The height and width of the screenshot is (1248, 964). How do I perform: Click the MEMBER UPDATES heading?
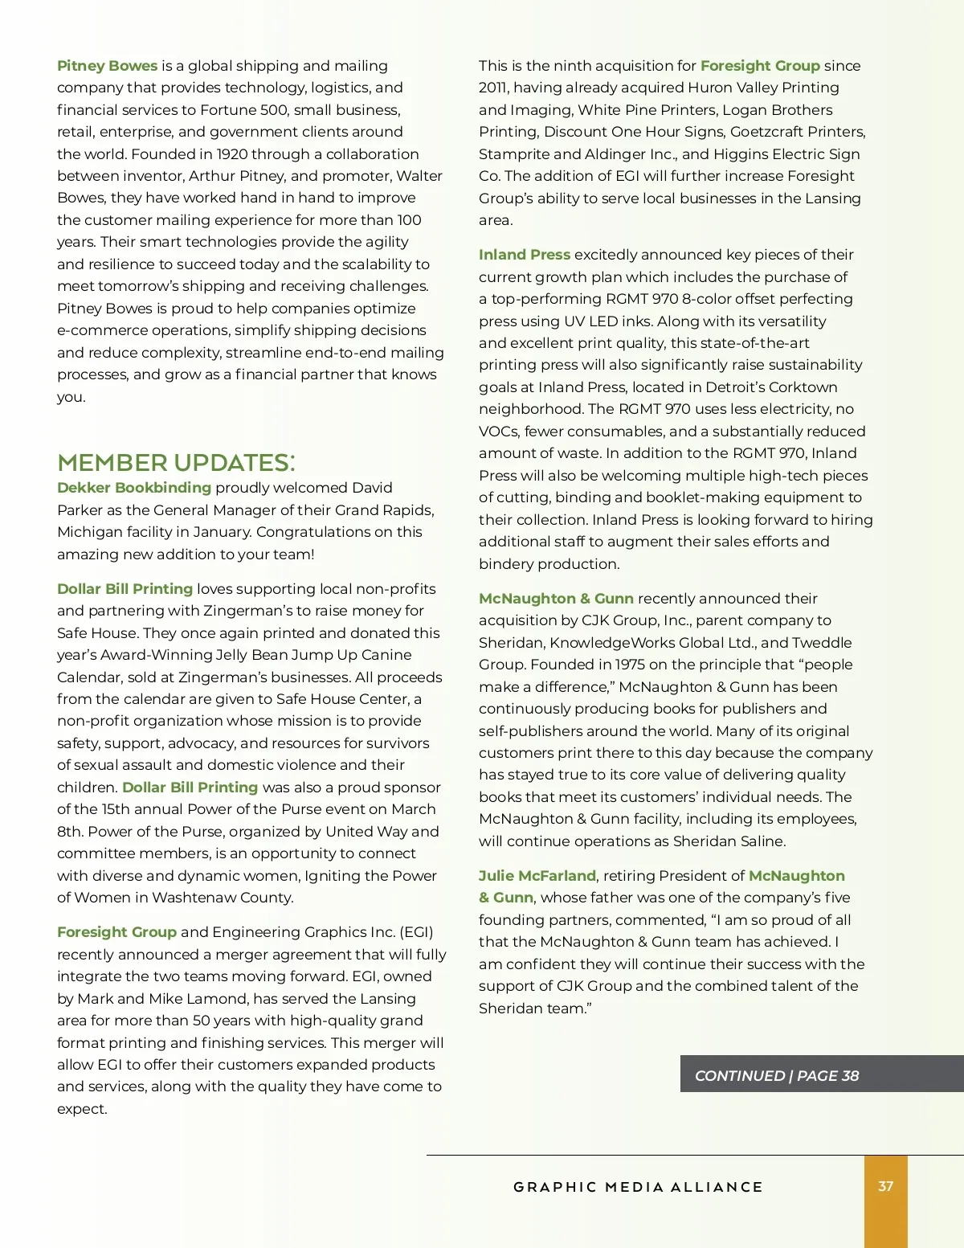pyautogui.click(x=176, y=463)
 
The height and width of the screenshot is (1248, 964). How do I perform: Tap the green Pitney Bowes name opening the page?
pyautogui.click(x=107, y=66)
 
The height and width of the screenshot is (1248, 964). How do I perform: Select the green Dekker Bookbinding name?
pyautogui.click(x=133, y=488)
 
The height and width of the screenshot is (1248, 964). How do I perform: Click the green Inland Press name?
pyautogui.click(x=524, y=255)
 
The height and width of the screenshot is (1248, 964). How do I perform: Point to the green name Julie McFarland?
pyautogui.click(x=537, y=876)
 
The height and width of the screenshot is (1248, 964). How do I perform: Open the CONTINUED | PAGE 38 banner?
pyautogui.click(x=776, y=1075)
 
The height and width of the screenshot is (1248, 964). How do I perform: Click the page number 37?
pyautogui.click(x=885, y=1186)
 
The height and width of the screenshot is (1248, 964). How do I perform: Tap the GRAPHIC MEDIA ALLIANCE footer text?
pyautogui.click(x=638, y=1187)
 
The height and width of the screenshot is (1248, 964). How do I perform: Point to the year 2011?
pyautogui.click(x=493, y=88)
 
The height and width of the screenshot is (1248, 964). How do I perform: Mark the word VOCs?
pyautogui.click(x=498, y=432)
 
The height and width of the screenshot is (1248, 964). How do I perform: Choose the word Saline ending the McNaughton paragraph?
pyautogui.click(x=762, y=841)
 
